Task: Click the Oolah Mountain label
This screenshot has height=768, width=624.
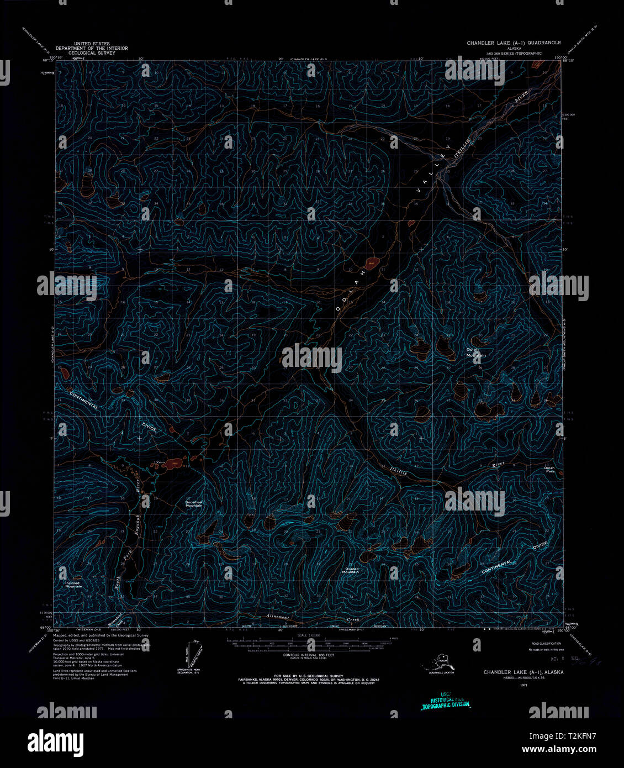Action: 475,352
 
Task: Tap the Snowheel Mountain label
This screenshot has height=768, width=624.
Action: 194,503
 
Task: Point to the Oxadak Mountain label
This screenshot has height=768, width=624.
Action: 350,570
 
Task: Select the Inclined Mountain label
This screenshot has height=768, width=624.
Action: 72,585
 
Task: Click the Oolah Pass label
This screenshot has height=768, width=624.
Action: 549,470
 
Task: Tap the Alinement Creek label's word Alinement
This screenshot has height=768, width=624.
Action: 278,617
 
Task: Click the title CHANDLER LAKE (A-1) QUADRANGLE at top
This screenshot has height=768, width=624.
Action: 514,43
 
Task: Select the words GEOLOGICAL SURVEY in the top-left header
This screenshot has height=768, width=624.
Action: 92,52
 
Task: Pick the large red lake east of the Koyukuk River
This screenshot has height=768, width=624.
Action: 171,463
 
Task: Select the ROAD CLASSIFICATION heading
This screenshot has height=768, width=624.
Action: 546,644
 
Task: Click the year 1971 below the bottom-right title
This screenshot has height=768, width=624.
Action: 523,685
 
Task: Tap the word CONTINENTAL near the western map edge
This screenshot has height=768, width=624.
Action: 84,401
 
